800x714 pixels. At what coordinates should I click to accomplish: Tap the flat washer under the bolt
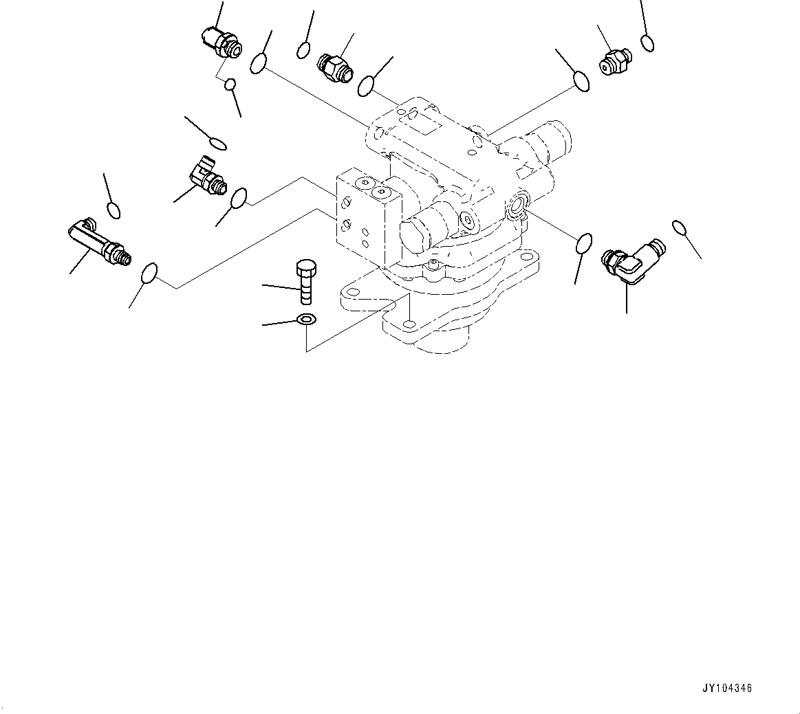click(306, 320)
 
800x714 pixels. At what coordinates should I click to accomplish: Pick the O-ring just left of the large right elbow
click(584, 243)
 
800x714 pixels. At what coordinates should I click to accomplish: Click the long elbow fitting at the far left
click(98, 241)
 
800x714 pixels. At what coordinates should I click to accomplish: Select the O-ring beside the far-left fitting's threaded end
click(149, 272)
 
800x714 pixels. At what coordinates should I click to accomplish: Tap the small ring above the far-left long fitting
click(113, 209)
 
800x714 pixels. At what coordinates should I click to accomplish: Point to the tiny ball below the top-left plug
click(231, 85)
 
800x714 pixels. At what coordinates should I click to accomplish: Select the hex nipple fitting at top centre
click(335, 66)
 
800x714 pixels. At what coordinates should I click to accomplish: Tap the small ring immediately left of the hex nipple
click(303, 50)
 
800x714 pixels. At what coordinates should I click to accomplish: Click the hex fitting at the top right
click(614, 60)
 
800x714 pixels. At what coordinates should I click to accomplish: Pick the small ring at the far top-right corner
click(647, 43)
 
